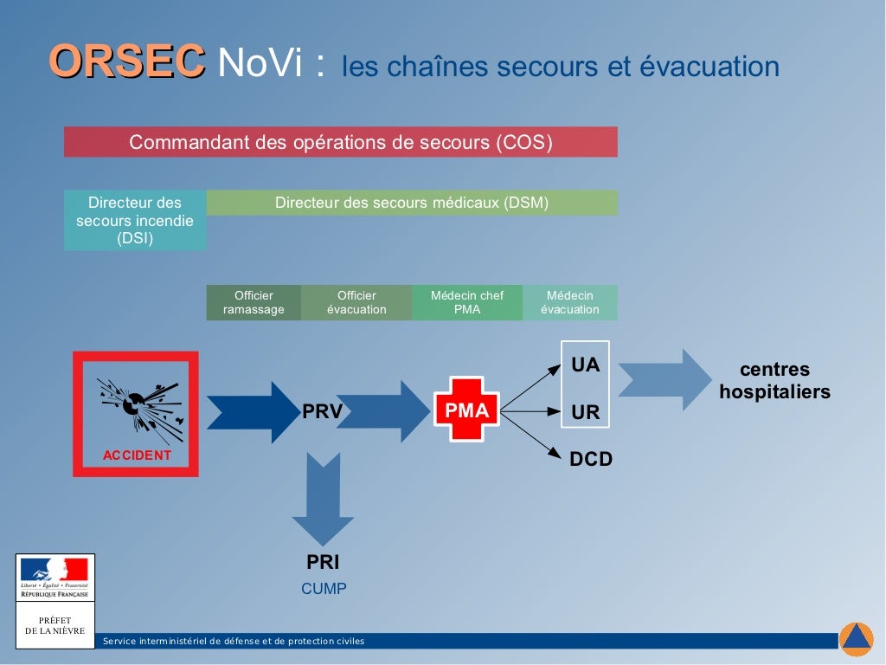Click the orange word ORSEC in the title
point(127,62)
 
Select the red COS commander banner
point(340,142)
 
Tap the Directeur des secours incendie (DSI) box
point(135,221)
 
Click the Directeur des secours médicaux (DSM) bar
point(412,203)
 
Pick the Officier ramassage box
point(254,302)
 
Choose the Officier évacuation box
point(356,302)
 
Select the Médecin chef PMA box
point(467,302)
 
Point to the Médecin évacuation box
point(570,302)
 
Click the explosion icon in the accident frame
point(138,406)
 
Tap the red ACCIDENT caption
point(137,455)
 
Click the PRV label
point(323,412)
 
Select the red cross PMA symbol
point(466,410)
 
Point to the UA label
point(586,365)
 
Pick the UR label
point(586,413)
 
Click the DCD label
point(591,459)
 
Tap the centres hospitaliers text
point(774,381)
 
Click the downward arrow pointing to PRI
point(323,499)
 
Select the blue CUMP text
point(324,589)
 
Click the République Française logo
point(55,577)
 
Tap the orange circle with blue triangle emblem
point(856,639)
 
